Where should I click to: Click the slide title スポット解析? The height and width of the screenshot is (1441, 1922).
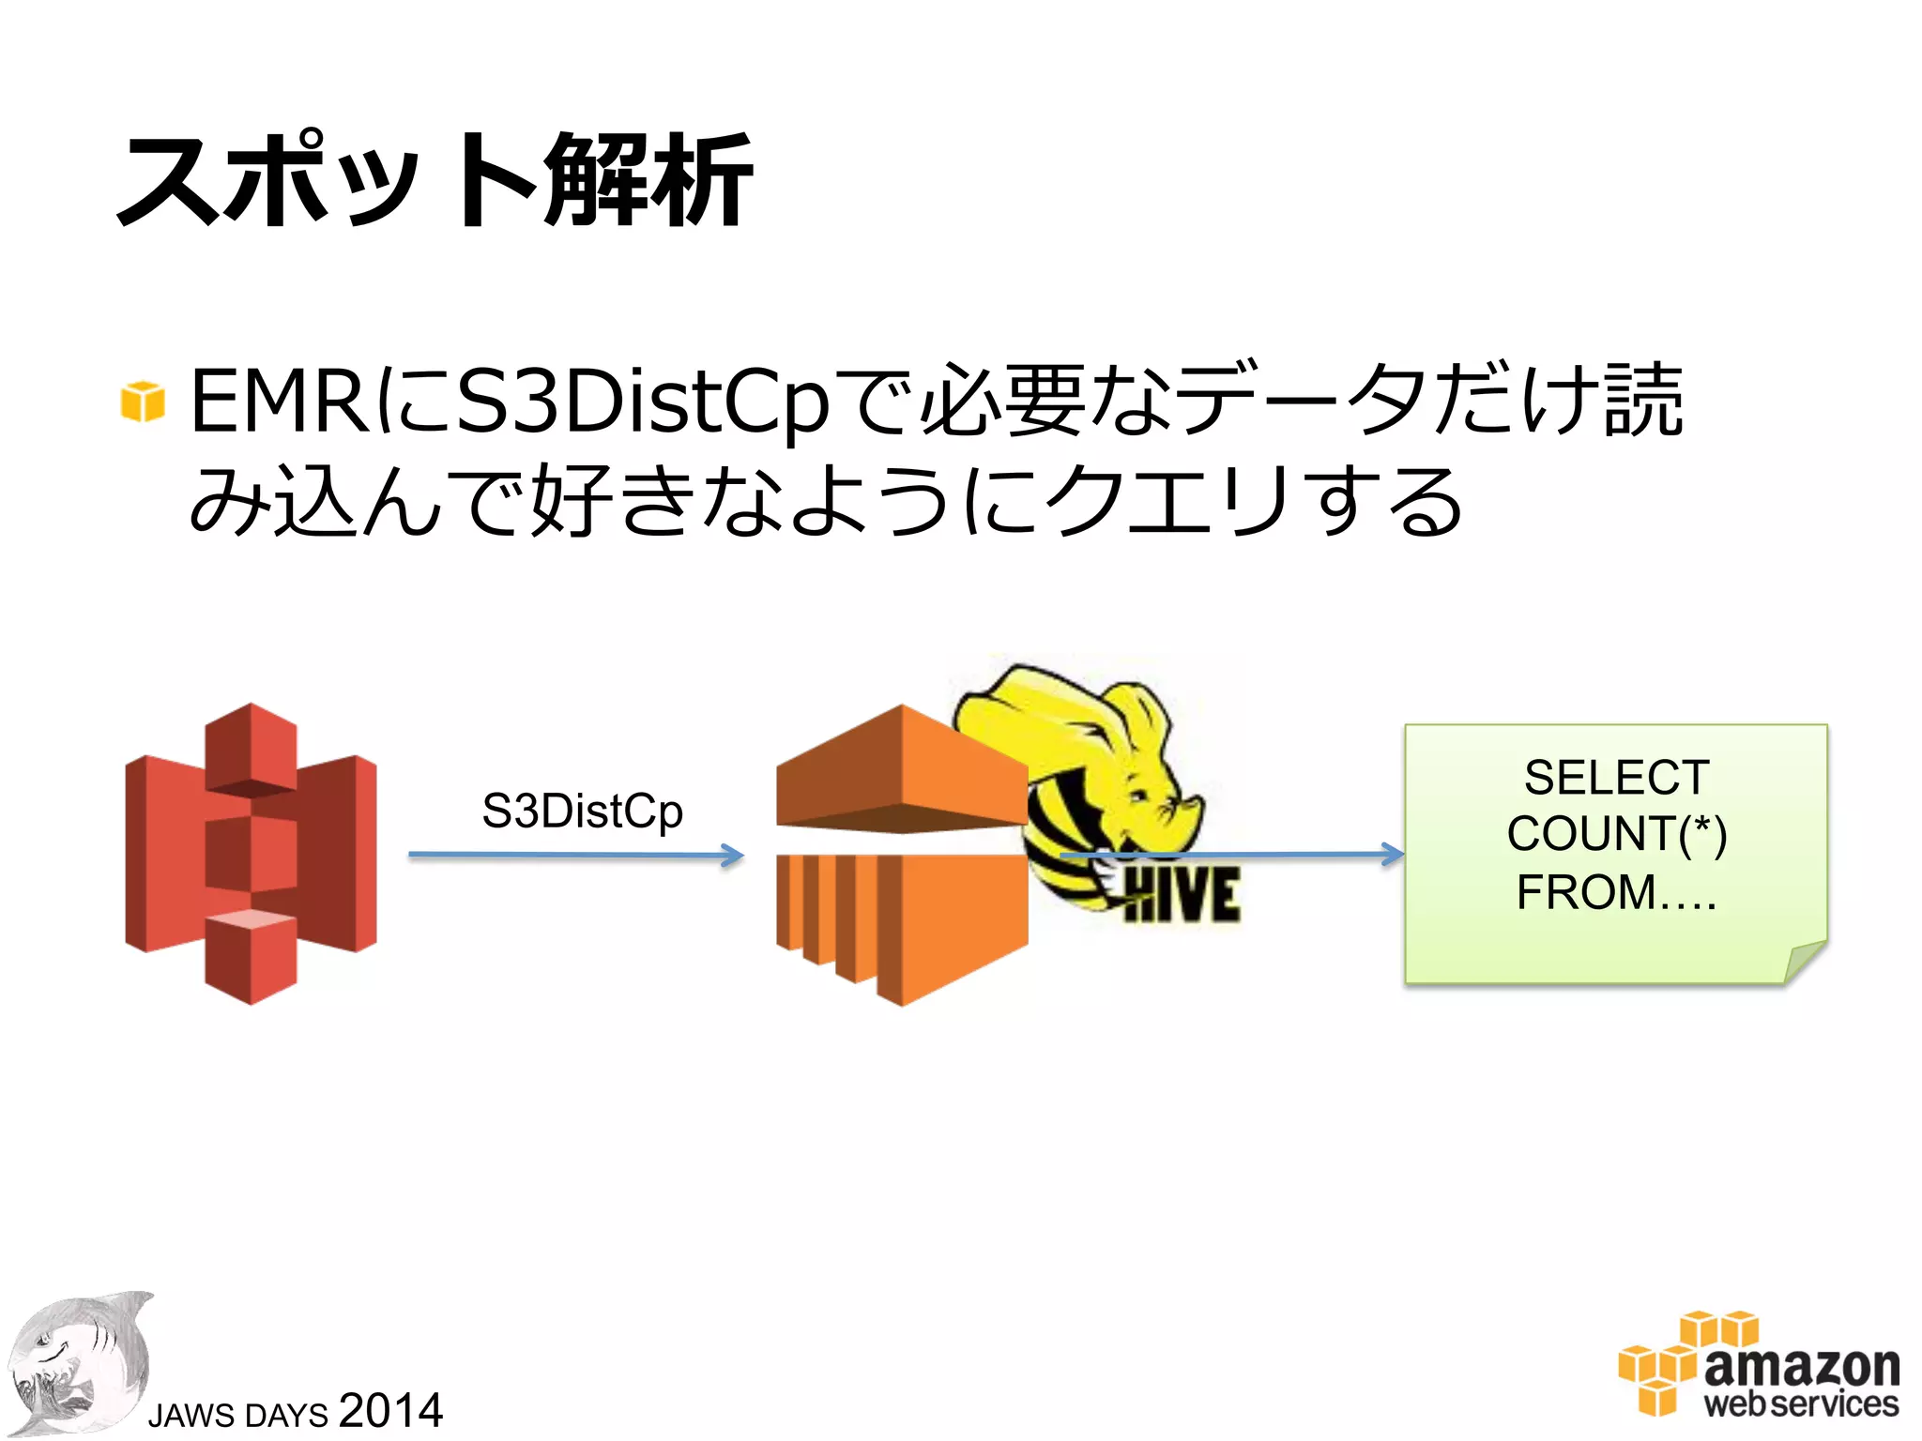point(434,180)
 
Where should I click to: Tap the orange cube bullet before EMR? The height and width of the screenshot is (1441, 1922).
point(143,402)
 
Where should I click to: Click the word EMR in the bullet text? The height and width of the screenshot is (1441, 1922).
point(280,402)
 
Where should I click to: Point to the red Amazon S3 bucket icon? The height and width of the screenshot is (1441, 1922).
point(251,854)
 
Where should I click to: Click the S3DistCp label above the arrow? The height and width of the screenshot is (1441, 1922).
point(582,811)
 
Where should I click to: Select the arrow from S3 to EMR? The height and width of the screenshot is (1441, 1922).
point(575,856)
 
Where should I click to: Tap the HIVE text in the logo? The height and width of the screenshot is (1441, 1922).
point(1181,895)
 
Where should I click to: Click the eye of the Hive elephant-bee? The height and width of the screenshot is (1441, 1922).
point(1138,796)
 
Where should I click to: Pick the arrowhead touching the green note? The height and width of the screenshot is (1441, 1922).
point(1394,854)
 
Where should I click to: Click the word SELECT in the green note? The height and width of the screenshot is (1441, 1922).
point(1616,778)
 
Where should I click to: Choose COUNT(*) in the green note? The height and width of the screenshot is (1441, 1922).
point(1616,834)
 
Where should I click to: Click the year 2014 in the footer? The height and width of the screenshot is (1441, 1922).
point(390,1410)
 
